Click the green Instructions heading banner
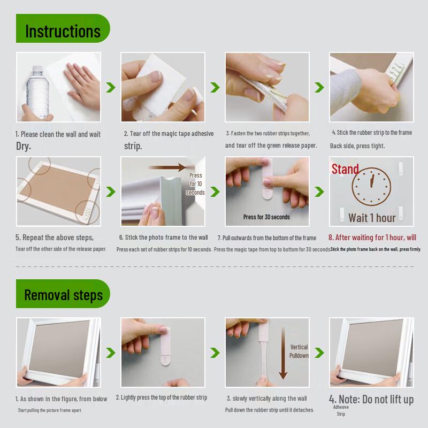pos(63,30)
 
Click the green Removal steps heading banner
pos(63,294)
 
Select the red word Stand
pos(345,169)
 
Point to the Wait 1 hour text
pos(372,217)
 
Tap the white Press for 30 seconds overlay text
pos(266,217)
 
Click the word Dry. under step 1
pos(23,146)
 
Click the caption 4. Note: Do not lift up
pos(371,399)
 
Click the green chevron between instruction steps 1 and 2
pos(111,87)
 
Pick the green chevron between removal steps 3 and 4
pos(319,353)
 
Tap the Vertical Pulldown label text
pos(299,351)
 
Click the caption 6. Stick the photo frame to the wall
pos(163,238)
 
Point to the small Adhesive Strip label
pos(341,410)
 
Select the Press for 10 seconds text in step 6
pos(195,184)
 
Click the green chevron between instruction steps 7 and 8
pos(319,192)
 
